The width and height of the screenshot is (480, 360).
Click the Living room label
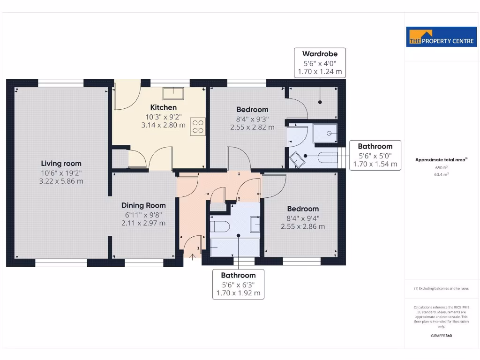(61, 164)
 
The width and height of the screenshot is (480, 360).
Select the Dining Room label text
(143, 205)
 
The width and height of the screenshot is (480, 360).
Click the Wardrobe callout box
(320, 62)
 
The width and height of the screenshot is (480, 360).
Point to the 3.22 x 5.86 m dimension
(61, 181)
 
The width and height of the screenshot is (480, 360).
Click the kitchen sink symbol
(173, 92)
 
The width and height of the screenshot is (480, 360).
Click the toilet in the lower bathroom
(218, 227)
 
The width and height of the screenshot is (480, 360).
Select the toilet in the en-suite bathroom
(325, 157)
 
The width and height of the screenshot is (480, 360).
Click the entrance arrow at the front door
(193, 256)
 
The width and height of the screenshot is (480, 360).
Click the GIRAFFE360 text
(441, 336)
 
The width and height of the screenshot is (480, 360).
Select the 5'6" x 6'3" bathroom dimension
(238, 285)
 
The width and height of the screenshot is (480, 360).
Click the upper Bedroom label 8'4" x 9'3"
(252, 118)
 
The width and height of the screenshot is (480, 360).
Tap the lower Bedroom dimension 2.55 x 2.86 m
(303, 226)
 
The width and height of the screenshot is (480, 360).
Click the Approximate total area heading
(441, 160)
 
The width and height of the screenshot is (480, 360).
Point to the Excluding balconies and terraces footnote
(441, 288)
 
